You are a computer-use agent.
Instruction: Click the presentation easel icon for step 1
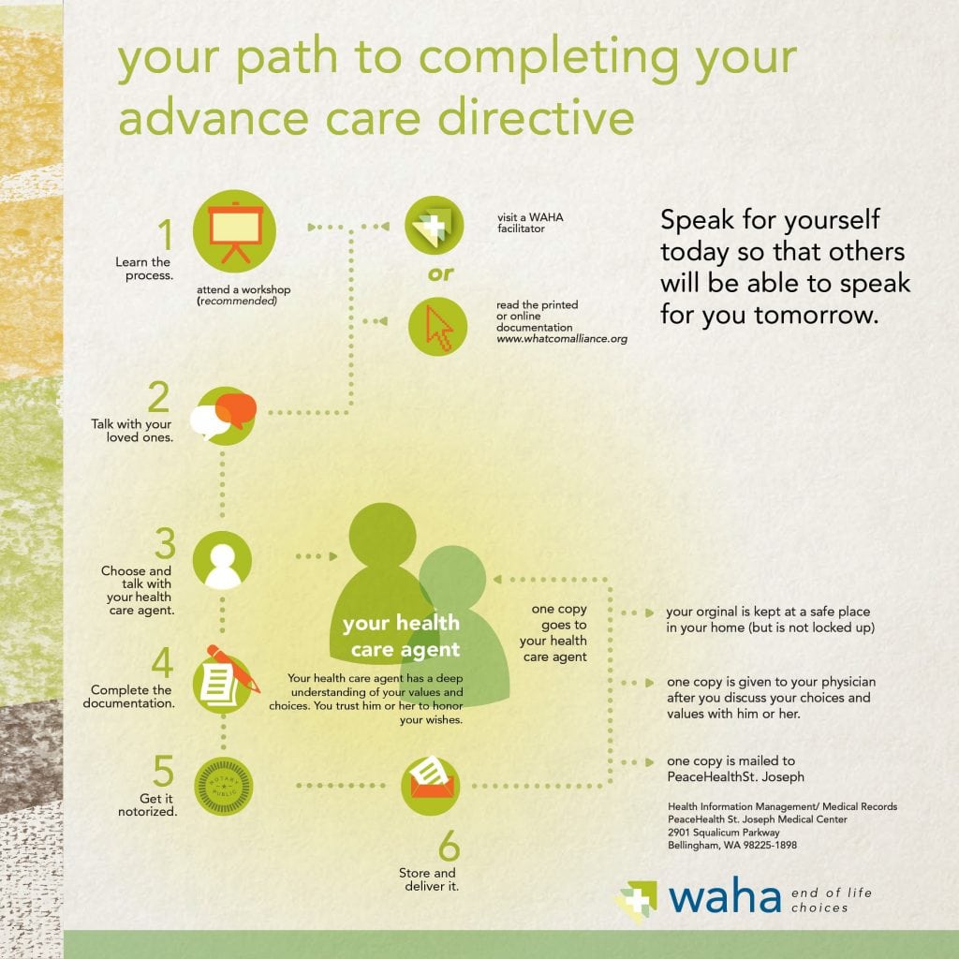click(234, 231)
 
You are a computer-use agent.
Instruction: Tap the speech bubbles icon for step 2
click(223, 415)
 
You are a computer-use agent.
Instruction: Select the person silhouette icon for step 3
click(222, 560)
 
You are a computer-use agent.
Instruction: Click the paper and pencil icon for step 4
click(225, 680)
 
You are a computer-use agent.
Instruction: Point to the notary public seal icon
click(223, 786)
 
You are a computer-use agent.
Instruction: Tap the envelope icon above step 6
click(431, 786)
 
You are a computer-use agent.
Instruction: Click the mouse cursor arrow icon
click(438, 327)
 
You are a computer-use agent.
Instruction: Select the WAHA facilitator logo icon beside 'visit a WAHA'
click(435, 225)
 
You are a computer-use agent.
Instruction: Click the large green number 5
click(163, 771)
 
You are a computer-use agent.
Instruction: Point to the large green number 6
click(449, 846)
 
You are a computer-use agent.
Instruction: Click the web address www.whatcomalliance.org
click(562, 339)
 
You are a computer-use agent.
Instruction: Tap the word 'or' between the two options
click(441, 274)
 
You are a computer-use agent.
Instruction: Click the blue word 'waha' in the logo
click(725, 897)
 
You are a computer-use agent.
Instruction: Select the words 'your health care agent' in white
click(401, 636)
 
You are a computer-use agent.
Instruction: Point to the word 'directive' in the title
click(537, 117)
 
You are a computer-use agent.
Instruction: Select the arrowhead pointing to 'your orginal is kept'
click(650, 612)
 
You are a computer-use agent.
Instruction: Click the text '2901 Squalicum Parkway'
click(724, 833)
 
